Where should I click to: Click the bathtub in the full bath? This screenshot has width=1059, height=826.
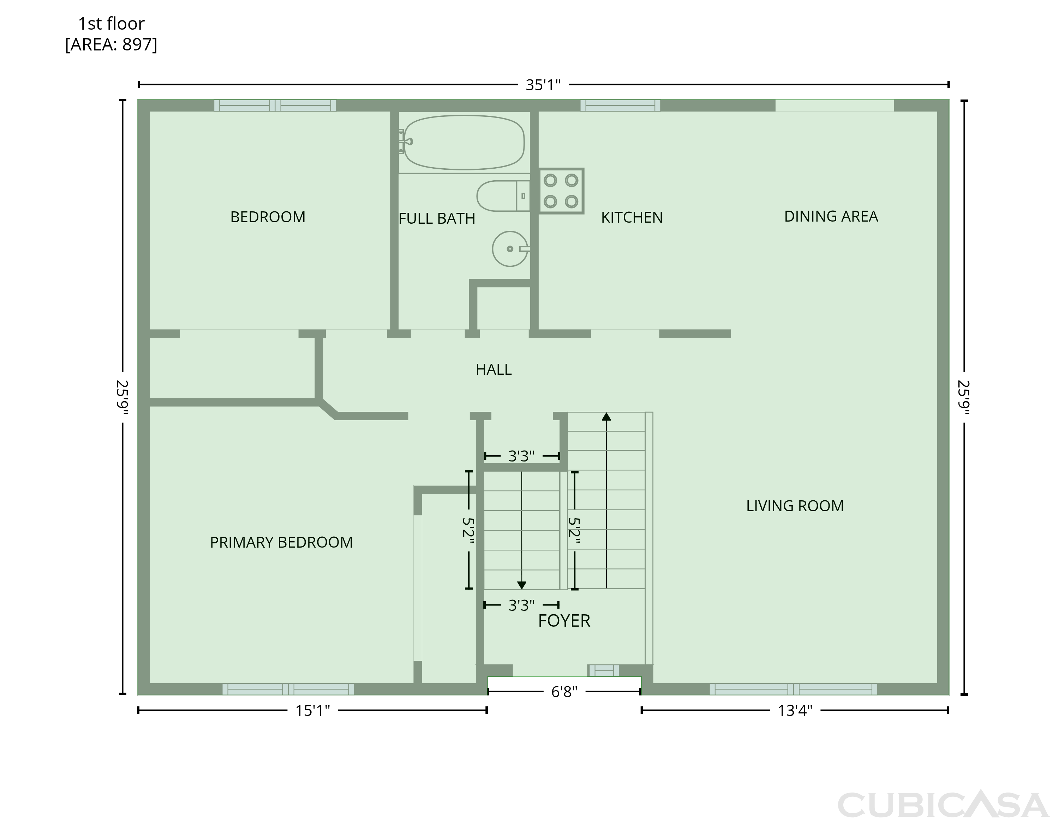[x=464, y=143]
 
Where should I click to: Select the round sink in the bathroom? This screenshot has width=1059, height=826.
[x=510, y=249]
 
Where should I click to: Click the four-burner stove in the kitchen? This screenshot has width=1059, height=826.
[x=561, y=191]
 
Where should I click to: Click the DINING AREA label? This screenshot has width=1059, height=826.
[x=831, y=216]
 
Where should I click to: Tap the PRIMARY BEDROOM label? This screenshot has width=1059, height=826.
[x=281, y=542]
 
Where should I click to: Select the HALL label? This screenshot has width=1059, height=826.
[x=493, y=369]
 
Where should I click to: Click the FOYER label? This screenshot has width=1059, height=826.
[x=564, y=620]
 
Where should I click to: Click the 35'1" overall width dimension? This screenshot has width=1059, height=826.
[x=543, y=85]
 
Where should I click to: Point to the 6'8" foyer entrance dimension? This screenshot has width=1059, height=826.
[x=564, y=692]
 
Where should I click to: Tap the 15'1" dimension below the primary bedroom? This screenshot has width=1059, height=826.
[x=313, y=711]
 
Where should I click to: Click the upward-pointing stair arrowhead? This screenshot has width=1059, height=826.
[x=606, y=416]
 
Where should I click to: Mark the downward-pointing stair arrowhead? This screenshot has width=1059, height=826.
[x=522, y=585]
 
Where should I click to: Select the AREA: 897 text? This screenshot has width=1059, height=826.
[x=111, y=44]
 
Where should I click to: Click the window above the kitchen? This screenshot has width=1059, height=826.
[x=620, y=105]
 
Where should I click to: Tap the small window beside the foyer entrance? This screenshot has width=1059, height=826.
[x=604, y=670]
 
